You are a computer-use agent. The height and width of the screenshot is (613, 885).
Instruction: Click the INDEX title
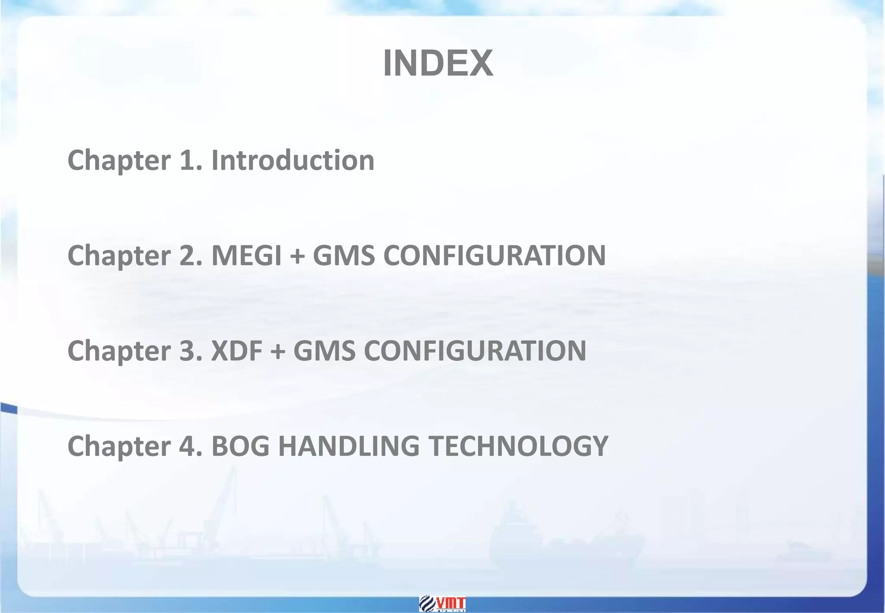pyautogui.click(x=438, y=64)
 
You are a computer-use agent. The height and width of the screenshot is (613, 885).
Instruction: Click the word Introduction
pyautogui.click(x=293, y=160)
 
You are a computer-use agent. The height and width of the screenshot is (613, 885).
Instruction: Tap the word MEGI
pyautogui.click(x=246, y=255)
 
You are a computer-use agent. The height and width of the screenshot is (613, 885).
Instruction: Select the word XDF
pyautogui.click(x=236, y=351)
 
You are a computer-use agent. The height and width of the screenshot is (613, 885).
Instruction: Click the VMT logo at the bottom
pyautogui.click(x=442, y=604)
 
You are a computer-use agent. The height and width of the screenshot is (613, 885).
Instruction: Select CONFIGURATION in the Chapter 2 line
pyautogui.click(x=494, y=255)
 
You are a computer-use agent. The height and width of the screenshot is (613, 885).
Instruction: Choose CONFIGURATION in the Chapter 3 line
pyautogui.click(x=475, y=351)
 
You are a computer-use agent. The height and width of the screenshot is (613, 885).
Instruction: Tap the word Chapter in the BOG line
pyautogui.click(x=119, y=447)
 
